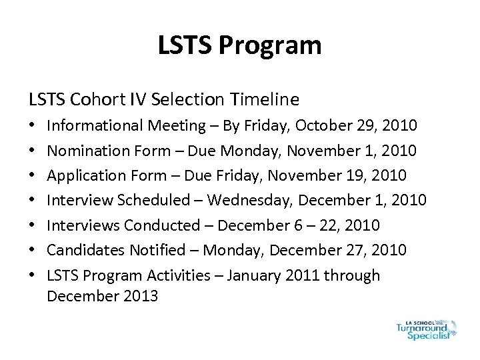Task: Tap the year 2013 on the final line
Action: pos(137,296)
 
